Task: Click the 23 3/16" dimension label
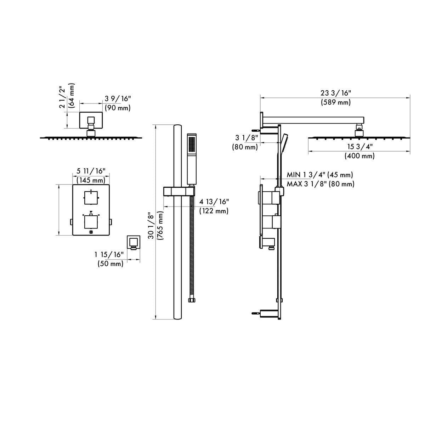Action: (x=335, y=93)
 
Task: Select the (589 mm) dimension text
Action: (x=335, y=102)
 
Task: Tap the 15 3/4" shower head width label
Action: (x=359, y=146)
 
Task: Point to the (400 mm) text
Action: (x=359, y=155)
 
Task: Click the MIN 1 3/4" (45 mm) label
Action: (x=320, y=175)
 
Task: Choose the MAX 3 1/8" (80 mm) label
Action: (x=320, y=184)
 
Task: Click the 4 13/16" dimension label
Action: (x=214, y=202)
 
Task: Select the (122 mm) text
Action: (x=214, y=211)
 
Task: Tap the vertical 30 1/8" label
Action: (x=151, y=226)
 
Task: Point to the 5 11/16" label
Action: (x=91, y=171)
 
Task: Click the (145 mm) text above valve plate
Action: (x=91, y=180)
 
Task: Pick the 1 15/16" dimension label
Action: (x=109, y=254)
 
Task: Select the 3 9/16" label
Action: (x=117, y=98)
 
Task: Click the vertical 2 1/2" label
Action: (x=63, y=97)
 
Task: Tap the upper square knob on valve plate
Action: (x=91, y=197)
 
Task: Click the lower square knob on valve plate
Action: (x=91, y=222)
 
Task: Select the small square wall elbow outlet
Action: (x=134, y=243)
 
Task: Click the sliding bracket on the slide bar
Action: (x=179, y=191)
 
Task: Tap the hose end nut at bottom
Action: (x=192, y=300)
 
